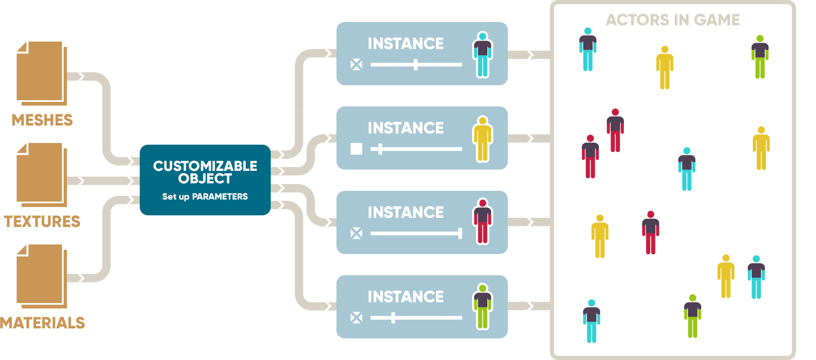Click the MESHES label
tap(42, 120)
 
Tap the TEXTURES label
tap(42, 222)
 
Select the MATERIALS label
tap(42, 323)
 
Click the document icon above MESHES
tap(42, 73)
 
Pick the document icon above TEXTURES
tap(42, 175)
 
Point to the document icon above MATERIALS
tap(42, 276)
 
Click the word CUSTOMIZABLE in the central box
tap(205, 166)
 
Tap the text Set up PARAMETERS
tap(205, 197)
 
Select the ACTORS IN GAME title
tap(673, 20)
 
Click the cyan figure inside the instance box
tap(482, 54)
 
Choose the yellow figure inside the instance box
tap(482, 139)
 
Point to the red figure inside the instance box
tap(482, 222)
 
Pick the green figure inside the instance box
tap(482, 307)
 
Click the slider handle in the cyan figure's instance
tap(415, 64)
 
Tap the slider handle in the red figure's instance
tap(460, 233)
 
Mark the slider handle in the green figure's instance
tap(393, 318)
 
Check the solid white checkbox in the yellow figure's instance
tap(356, 149)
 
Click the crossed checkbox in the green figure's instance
tap(356, 318)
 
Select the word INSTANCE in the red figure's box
tap(406, 212)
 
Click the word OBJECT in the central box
tap(205, 179)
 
